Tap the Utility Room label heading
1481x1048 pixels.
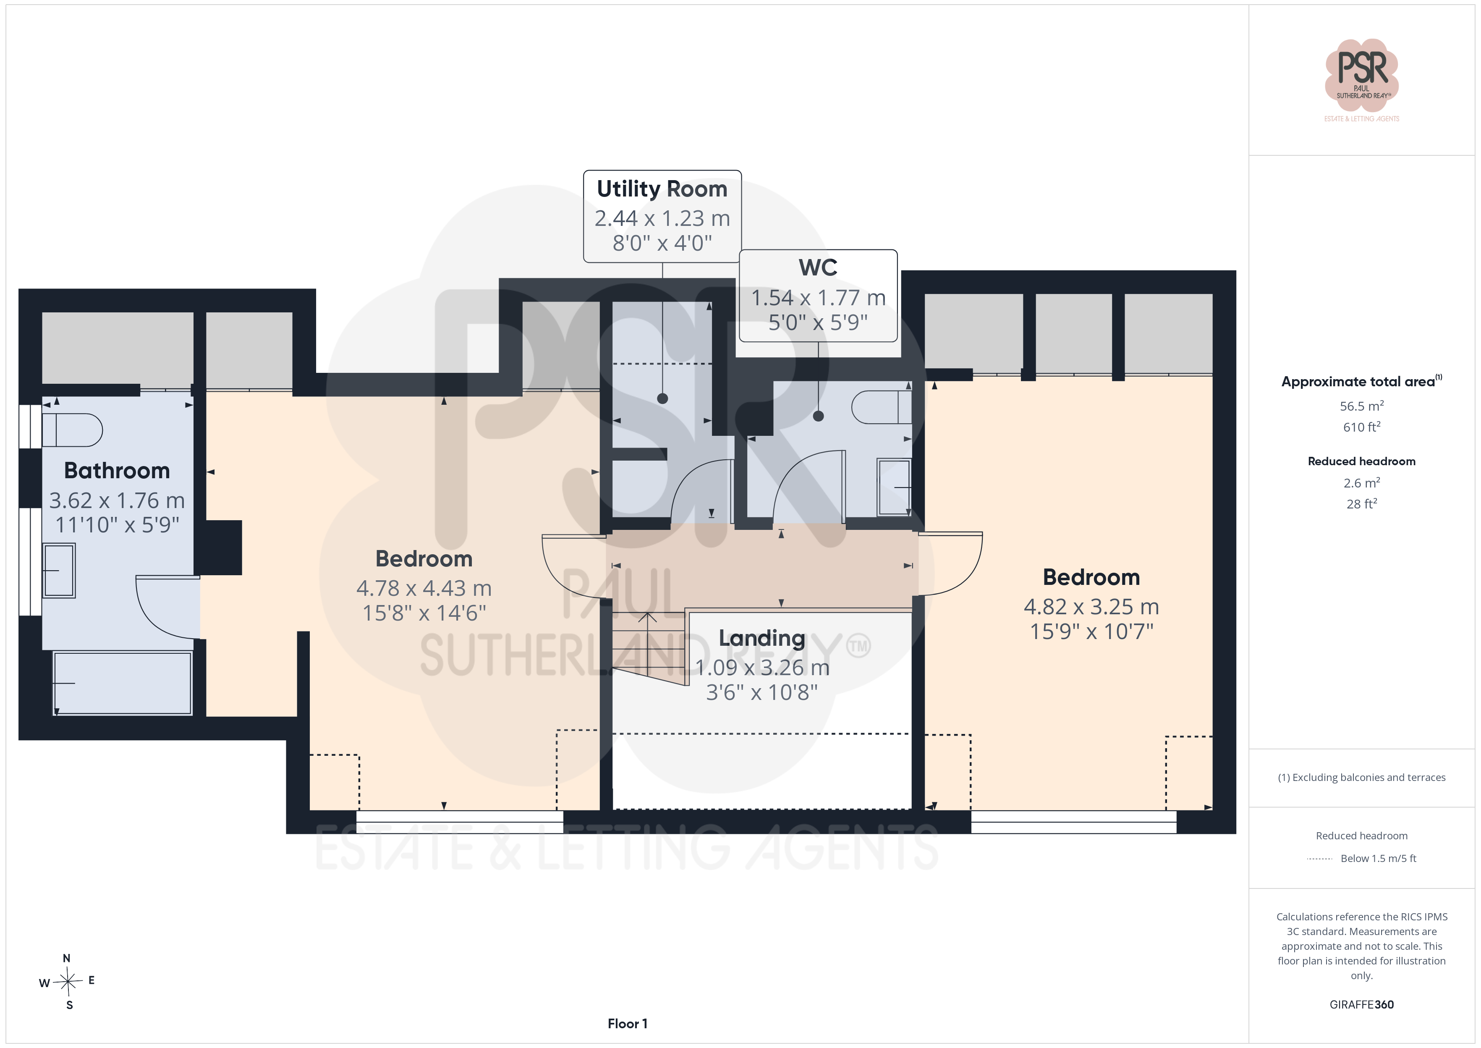[662, 189]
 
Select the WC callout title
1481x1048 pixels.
[818, 267]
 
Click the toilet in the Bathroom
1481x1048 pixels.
[72, 430]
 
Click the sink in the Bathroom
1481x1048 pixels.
[59, 571]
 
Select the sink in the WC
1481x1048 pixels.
[894, 487]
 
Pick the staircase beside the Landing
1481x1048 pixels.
[648, 647]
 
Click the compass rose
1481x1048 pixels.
[67, 982]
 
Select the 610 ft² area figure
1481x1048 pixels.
[1362, 427]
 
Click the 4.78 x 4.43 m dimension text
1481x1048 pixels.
[424, 588]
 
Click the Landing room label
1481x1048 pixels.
[762, 638]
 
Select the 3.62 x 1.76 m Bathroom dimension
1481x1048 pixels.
[117, 500]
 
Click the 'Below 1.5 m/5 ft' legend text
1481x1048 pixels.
[1379, 858]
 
